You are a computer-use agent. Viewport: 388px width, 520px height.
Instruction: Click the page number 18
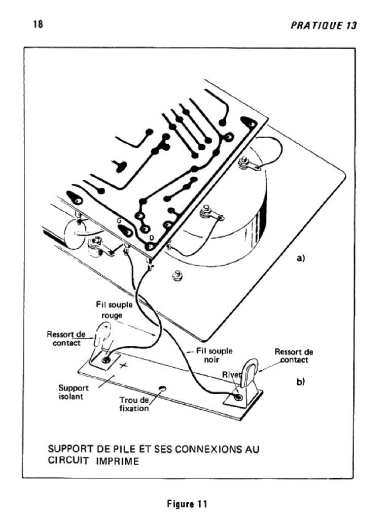click(38, 24)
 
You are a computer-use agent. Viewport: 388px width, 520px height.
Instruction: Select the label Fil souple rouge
click(112, 311)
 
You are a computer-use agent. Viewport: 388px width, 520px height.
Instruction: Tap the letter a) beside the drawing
click(300, 258)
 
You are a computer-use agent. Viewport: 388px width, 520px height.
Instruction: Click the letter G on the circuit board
click(118, 221)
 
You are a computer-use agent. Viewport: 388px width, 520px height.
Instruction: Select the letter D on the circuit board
click(152, 238)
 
